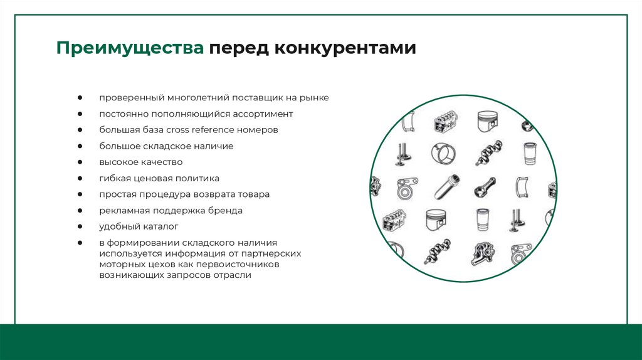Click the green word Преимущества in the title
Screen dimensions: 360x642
click(x=129, y=48)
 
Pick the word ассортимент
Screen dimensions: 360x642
click(x=260, y=114)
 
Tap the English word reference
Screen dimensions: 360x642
click(x=214, y=130)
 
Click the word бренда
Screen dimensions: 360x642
click(x=226, y=211)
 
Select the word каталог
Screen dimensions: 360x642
click(x=161, y=226)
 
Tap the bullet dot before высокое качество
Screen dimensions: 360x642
click(x=82, y=162)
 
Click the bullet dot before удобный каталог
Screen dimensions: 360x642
click(x=82, y=226)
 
